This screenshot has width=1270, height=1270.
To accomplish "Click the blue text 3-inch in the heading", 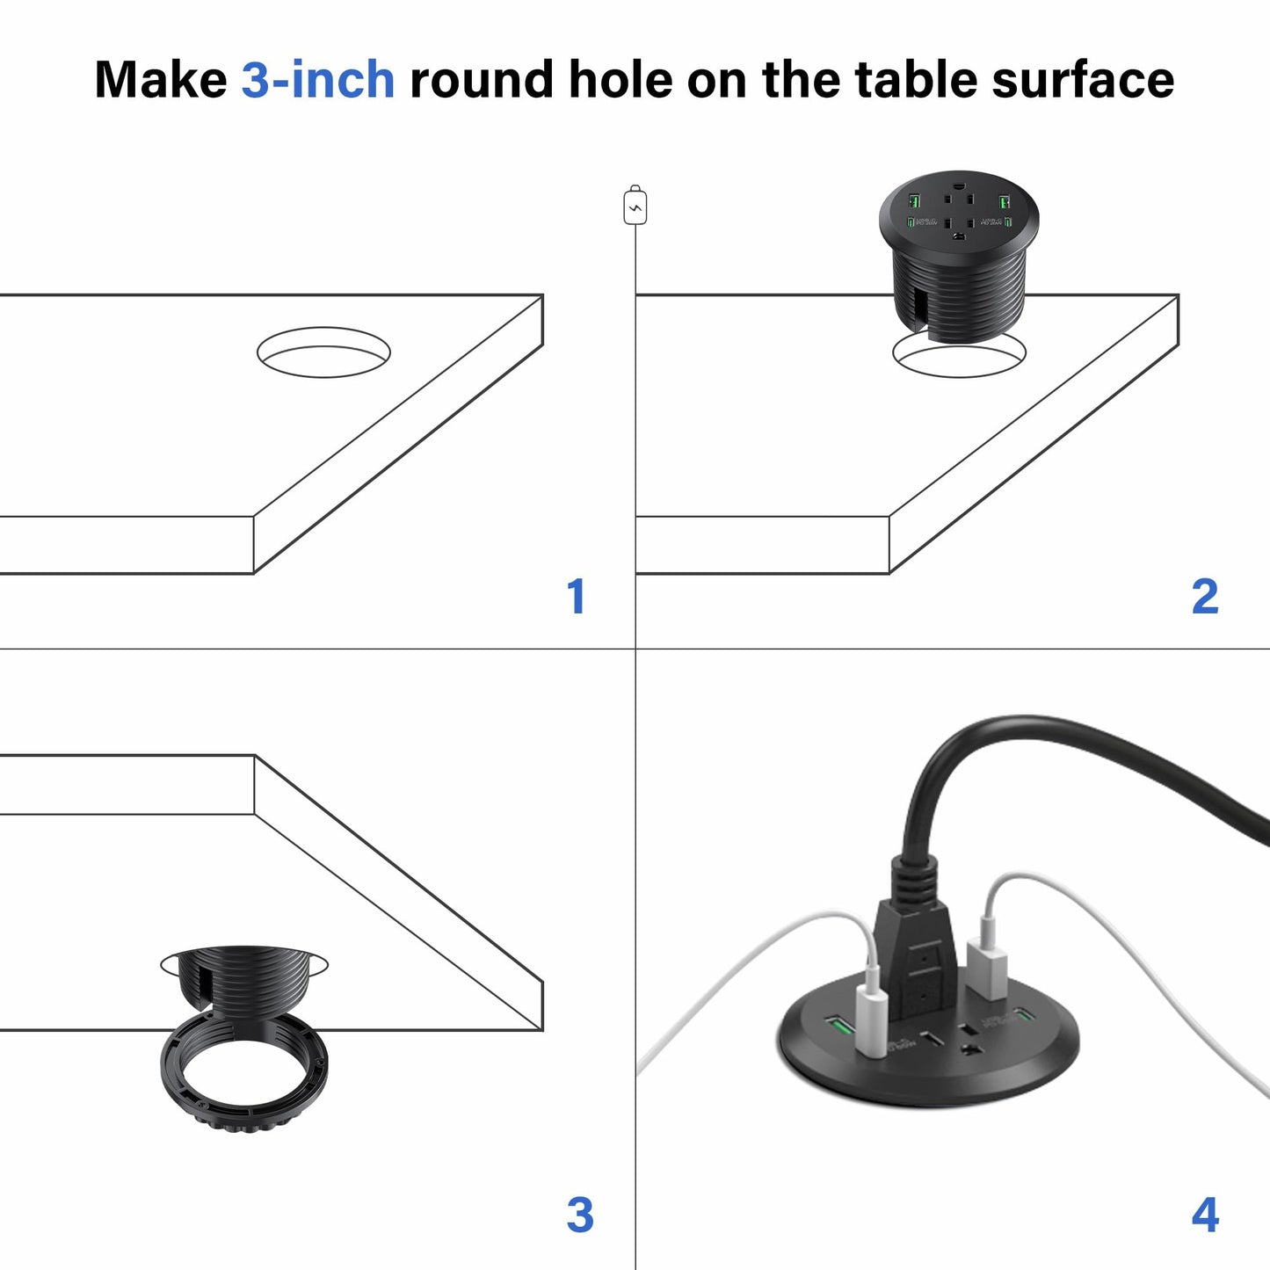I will click(317, 80).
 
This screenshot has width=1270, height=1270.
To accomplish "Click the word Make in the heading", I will click(160, 80).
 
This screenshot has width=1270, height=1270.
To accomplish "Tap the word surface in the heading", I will click(1083, 80).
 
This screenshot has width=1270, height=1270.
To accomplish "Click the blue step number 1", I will click(576, 597).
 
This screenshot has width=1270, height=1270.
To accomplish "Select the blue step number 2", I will click(1205, 597).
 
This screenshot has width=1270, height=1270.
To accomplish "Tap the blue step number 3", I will click(579, 1216).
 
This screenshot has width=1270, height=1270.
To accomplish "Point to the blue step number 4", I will click(1205, 1216).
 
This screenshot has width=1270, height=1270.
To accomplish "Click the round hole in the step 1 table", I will click(323, 352).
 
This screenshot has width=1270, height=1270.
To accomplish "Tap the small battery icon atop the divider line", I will click(635, 207).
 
